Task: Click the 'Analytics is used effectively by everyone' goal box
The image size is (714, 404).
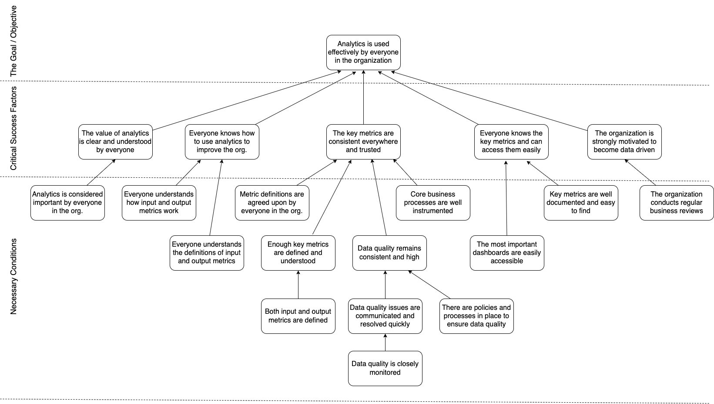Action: point(363,52)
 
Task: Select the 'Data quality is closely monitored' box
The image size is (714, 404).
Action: point(385,368)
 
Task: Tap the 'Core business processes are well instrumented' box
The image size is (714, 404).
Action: point(433,203)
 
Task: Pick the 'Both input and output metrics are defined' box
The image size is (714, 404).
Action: point(298,316)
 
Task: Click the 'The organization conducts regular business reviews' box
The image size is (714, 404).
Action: point(677,203)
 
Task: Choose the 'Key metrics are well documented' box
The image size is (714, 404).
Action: point(581,203)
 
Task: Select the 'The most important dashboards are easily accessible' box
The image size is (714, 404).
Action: point(507,253)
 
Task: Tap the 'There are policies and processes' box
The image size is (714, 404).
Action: point(476,316)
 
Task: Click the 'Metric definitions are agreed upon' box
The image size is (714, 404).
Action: point(272,203)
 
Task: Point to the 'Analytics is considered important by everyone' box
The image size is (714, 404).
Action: point(67,203)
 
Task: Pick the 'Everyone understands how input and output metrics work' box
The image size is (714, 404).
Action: point(159,203)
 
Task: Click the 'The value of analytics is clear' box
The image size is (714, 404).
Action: point(115,142)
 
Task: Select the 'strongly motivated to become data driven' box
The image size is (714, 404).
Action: point(624,142)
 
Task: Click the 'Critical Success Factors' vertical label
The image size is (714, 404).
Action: point(13,129)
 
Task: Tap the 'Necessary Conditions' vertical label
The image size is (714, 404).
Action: point(13,277)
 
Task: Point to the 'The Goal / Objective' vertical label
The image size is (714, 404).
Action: point(13,41)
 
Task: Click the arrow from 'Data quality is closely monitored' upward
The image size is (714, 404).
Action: point(385,343)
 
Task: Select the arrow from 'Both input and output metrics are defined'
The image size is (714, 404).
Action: point(298,285)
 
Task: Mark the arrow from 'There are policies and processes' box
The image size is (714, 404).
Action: point(429,285)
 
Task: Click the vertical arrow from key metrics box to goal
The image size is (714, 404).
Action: point(363,97)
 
